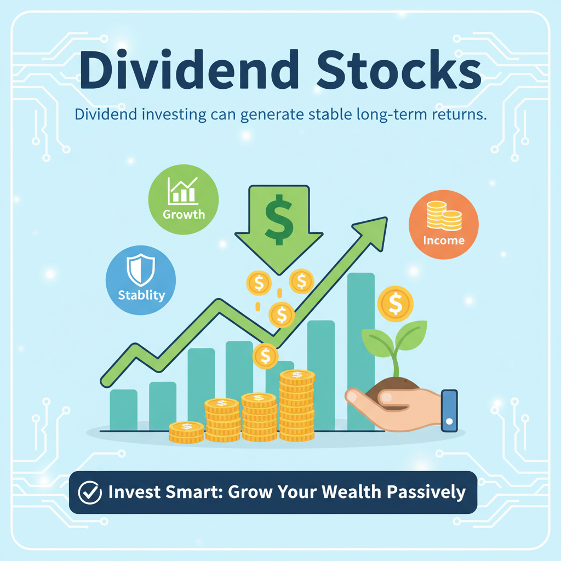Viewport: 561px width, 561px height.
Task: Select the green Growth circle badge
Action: click(184, 199)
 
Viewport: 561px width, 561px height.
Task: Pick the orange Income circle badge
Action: click(444, 224)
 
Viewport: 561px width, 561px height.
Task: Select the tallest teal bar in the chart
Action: click(361, 351)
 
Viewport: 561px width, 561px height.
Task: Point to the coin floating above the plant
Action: click(396, 303)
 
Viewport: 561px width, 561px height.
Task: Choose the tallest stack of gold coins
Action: click(297, 405)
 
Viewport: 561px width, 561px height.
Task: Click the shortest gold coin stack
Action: click(186, 432)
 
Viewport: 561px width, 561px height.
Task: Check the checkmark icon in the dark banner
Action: click(90, 493)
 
